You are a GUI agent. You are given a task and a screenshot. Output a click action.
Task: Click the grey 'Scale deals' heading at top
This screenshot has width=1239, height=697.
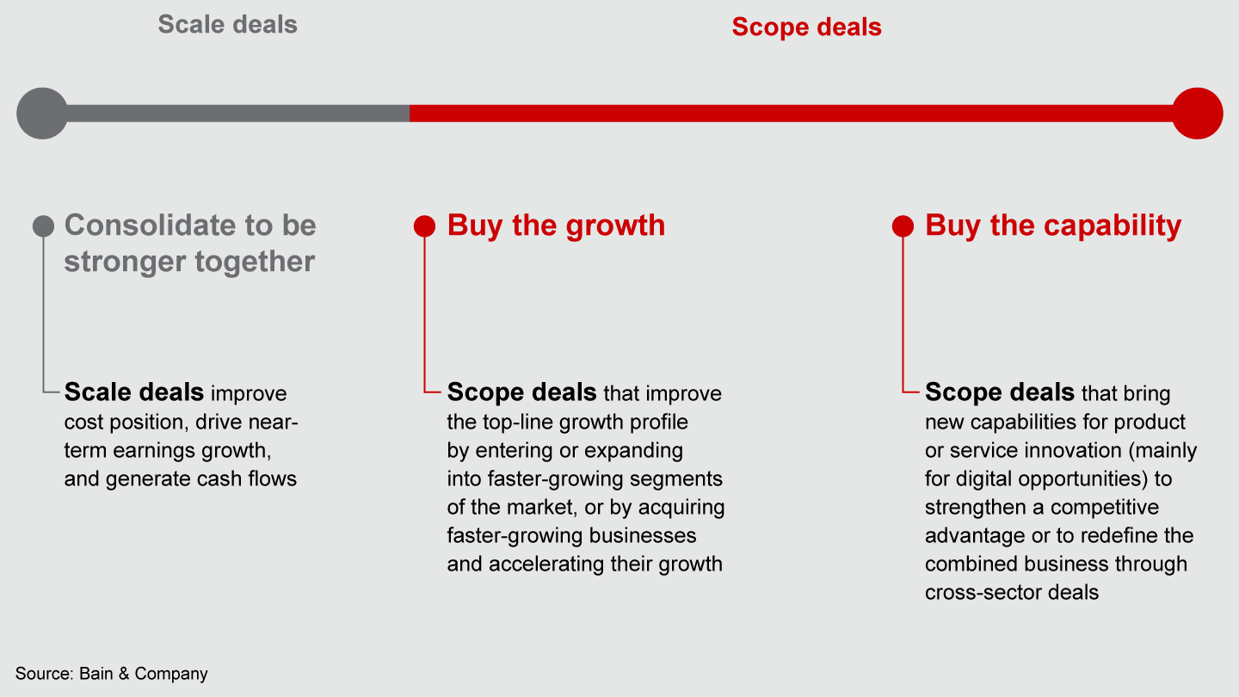click(x=227, y=24)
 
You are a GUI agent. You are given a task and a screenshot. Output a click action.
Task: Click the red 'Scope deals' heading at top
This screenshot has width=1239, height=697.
click(x=806, y=27)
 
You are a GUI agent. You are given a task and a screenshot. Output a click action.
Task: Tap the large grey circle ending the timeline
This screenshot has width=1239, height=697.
click(x=41, y=113)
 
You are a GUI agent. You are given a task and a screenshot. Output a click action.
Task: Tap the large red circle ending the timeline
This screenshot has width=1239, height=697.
click(x=1197, y=113)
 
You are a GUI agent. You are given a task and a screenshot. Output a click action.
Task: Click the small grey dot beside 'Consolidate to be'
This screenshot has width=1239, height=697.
click(x=43, y=226)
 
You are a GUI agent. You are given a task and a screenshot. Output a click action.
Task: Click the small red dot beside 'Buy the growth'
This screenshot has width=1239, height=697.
click(x=424, y=226)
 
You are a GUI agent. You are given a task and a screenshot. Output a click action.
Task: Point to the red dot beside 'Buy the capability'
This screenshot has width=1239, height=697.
click(x=903, y=226)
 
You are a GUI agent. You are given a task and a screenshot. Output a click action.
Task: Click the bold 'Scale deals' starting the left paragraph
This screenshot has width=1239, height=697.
click(x=133, y=393)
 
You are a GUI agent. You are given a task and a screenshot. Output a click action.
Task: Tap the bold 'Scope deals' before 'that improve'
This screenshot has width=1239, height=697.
click(x=521, y=393)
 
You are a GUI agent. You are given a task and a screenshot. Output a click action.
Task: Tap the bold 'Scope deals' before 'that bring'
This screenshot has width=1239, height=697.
click(x=999, y=393)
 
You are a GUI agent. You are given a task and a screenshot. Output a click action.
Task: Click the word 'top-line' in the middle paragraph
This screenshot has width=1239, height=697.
click(x=523, y=422)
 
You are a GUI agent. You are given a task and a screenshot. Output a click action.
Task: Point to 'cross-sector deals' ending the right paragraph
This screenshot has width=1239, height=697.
click(x=1012, y=592)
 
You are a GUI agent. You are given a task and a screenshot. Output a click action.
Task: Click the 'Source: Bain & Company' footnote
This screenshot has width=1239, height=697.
click(x=112, y=674)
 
